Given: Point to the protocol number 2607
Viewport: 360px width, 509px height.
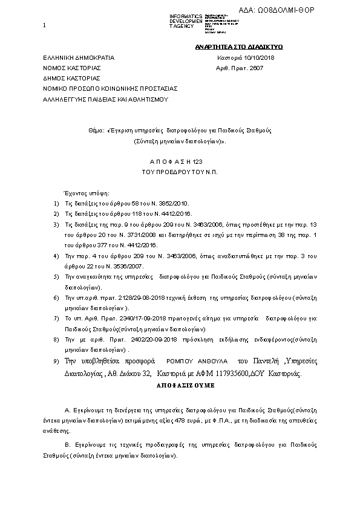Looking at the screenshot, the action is click(256, 68).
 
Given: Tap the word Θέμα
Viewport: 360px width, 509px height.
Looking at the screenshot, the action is click(96, 130).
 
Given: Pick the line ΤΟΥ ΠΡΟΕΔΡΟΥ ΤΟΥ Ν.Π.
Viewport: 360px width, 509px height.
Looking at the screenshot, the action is click(180, 173).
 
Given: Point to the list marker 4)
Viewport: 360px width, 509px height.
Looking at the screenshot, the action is click(56, 256).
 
